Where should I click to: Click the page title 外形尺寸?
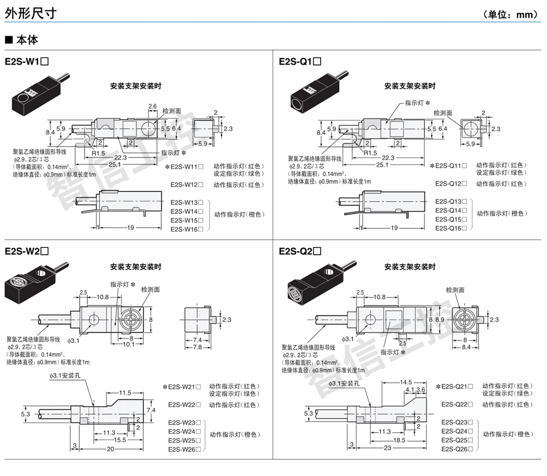tap(30, 14)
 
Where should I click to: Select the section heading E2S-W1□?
tap(27, 61)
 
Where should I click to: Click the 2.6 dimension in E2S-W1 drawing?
tap(152, 106)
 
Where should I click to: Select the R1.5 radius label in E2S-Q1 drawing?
tap(370, 153)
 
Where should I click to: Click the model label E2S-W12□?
tap(186, 185)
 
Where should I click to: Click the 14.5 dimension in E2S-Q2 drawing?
tap(406, 382)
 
